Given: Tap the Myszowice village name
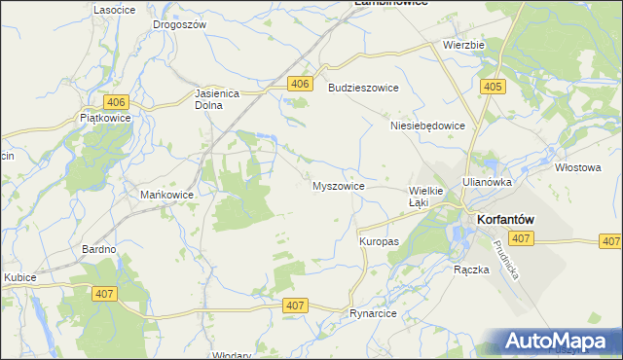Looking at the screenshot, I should point(338,186).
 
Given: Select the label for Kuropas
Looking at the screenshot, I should point(379,240).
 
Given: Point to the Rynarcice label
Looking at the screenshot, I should point(376,314).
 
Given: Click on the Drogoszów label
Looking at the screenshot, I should point(180,24).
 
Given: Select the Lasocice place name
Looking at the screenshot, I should point(114,9).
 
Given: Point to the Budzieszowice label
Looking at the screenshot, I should point(364,88).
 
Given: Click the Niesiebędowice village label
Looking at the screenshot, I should point(427,126).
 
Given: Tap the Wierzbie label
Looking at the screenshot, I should point(463,45).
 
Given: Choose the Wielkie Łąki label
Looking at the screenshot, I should point(425,197).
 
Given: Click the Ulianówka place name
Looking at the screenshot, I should point(487,181).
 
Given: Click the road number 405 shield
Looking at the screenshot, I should point(492,88).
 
